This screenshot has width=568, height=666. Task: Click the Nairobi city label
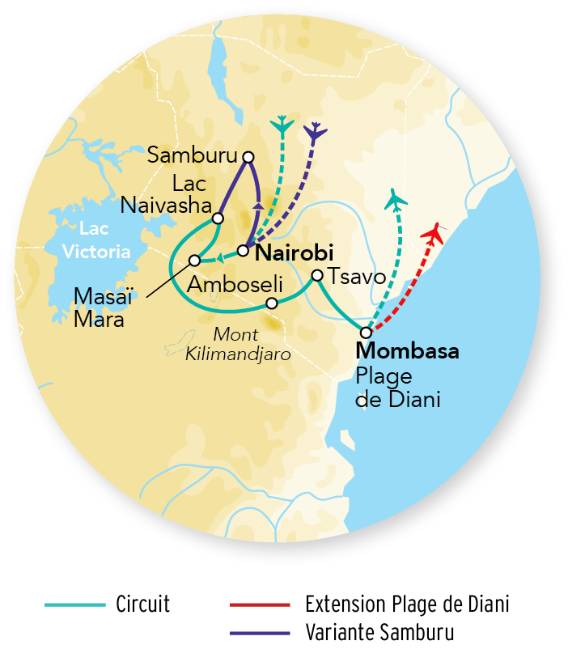pos(295,253)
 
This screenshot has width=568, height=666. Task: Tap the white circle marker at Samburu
pos(248,157)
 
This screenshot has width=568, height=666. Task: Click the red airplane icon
pos(434,235)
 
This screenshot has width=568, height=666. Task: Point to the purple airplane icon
pos(315,132)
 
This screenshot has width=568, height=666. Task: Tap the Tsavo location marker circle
pos(317,274)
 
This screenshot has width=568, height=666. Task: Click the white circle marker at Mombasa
pos(366,333)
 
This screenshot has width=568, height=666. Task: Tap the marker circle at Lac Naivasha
pos(218,218)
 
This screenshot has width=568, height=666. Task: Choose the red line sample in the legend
pos(260,604)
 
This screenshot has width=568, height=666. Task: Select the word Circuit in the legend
pos(142,604)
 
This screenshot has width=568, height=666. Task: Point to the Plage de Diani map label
pos(397,388)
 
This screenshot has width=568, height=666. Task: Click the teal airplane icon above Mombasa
pos(396,198)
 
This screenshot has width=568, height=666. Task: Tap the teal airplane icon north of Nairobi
pos(282,125)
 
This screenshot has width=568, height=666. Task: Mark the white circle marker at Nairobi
pos(243,250)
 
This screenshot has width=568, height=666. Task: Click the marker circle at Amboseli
pos(273,303)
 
